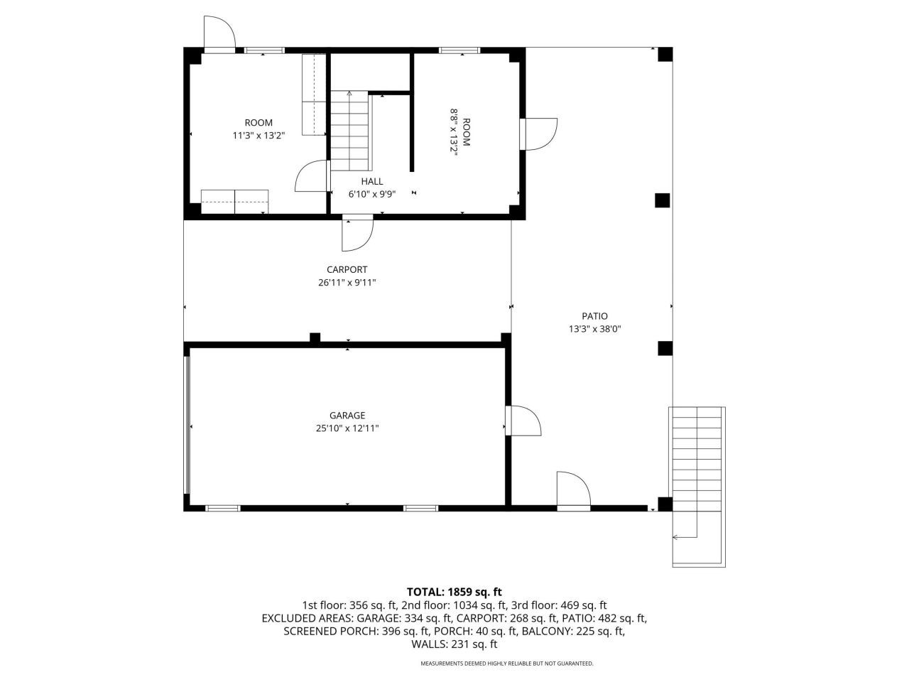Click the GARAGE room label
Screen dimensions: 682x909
tap(347, 416)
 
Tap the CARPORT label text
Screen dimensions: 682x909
tap(347, 269)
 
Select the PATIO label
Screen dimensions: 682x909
tap(595, 316)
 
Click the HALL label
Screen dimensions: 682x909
tap(371, 182)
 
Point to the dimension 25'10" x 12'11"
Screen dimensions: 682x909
tap(347, 428)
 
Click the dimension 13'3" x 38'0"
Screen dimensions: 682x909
tap(595, 329)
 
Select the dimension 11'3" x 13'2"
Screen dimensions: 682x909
tap(258, 135)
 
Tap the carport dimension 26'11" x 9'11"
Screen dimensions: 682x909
tap(347, 283)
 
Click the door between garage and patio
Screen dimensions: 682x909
tap(523, 421)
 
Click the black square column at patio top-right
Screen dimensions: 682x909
tap(665, 55)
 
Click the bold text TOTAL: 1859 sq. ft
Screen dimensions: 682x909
tap(454, 591)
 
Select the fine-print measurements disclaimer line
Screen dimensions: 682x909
tap(506, 664)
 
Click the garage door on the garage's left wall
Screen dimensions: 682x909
tap(187, 425)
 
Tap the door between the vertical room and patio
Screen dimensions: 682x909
tap(538, 134)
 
